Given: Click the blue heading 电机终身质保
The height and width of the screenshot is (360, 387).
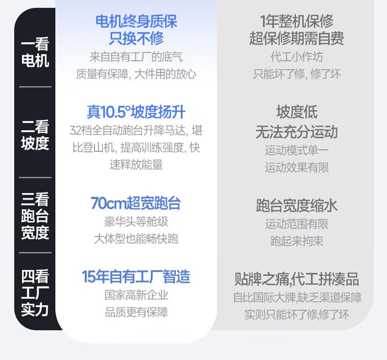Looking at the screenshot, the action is point(136,21).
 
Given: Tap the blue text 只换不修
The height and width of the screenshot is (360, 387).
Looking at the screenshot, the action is point(136,38).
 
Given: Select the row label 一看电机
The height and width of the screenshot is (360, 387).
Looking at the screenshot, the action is point(35,53).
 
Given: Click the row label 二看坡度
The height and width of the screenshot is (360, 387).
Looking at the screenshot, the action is point(35,135).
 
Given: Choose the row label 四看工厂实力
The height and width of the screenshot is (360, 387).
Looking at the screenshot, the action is point(35,293).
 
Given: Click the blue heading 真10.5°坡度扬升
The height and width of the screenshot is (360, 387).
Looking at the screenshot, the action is point(136,112).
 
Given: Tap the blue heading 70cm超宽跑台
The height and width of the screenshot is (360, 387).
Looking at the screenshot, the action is point(136,203).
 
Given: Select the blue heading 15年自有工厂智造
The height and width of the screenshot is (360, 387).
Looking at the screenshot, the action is point(136,277).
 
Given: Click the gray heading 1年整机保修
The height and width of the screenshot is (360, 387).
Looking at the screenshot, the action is point(297,21).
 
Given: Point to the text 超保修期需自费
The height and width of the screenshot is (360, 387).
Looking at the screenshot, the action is point(297,38).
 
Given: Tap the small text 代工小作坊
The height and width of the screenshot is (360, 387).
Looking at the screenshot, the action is point(297,57).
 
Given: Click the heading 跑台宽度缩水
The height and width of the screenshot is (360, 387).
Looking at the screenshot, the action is point(297,206).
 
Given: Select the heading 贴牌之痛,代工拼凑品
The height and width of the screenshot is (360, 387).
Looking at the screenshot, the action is point(297,280).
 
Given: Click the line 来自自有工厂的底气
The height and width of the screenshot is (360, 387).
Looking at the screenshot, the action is point(136,57).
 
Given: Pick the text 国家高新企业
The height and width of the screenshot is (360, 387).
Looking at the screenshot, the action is point(136,295).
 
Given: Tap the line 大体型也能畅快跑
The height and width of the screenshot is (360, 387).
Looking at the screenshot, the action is point(136,239).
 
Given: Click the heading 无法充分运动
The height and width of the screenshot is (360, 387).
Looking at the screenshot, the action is point(297,132).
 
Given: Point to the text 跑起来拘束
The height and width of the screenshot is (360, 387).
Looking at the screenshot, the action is point(297,241).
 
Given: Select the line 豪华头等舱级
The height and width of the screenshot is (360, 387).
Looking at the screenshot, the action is point(136,221).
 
